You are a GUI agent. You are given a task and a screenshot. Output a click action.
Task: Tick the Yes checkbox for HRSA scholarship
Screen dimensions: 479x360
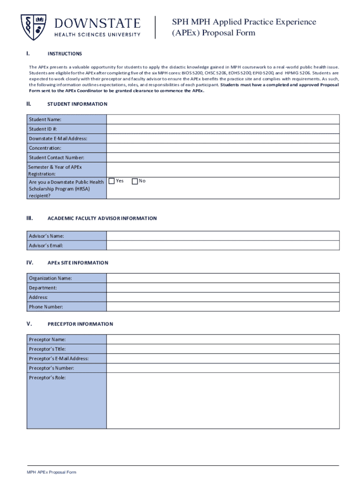[112, 181]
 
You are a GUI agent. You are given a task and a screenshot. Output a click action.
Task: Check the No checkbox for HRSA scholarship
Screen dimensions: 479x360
[135, 181]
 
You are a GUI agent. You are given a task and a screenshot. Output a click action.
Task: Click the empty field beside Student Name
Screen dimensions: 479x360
[223, 119]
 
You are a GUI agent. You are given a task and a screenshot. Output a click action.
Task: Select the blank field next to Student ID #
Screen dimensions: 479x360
[223, 129]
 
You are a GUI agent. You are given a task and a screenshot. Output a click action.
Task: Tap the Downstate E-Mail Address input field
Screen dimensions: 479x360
[223, 138]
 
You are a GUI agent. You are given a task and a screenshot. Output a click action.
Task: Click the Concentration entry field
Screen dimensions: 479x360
[223, 148]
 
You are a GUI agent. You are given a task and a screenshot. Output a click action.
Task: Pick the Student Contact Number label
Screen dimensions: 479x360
[57, 158]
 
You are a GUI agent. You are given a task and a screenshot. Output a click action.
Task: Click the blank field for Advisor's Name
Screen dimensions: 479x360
[223, 236]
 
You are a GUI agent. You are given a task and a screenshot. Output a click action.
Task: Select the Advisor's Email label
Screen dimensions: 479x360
[46, 246]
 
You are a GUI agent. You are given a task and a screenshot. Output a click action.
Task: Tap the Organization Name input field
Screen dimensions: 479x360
[223, 278]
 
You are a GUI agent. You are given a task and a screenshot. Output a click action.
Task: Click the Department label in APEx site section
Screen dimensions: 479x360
[43, 288]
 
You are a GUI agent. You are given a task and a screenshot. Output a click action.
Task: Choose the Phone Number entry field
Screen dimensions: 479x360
[223, 307]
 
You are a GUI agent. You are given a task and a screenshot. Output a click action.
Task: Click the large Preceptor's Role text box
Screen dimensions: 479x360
[223, 400]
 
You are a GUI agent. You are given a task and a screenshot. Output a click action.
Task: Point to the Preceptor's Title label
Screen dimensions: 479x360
[47, 349]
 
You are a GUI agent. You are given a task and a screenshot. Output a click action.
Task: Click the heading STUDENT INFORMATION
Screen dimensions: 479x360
[78, 104]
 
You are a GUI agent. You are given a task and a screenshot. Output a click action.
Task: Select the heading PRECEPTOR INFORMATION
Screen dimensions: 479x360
[80, 324]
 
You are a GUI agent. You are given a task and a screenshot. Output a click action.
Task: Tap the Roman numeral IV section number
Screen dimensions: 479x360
[29, 262]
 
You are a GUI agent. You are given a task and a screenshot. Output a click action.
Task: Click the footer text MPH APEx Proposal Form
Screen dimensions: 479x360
[51, 472]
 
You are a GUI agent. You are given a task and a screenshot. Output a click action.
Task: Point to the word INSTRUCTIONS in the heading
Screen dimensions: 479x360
[65, 54]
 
